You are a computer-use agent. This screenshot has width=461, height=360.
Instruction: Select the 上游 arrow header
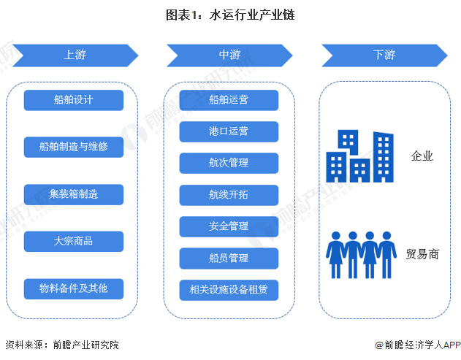pyautogui.click(x=74, y=55)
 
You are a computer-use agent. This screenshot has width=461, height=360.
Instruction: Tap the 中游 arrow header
pyautogui.click(x=229, y=55)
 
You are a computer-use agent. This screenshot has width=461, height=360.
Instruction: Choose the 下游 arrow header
pyautogui.click(x=384, y=55)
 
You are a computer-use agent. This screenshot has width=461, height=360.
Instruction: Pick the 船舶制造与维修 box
pyautogui.click(x=73, y=147)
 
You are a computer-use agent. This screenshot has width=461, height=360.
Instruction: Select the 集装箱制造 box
pyautogui.click(x=73, y=194)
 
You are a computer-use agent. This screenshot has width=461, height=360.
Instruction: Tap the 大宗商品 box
pyautogui.click(x=73, y=241)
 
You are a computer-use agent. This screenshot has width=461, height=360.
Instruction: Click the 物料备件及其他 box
pyautogui.click(x=73, y=288)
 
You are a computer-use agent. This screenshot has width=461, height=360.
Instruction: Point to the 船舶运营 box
pyautogui.click(x=229, y=100)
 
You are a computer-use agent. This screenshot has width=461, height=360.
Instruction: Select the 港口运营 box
pyautogui.click(x=229, y=131)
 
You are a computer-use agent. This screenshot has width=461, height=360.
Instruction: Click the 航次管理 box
pyautogui.click(x=229, y=164)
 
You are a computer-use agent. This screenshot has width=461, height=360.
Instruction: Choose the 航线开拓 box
pyautogui.click(x=229, y=195)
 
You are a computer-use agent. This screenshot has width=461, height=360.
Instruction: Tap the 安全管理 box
pyautogui.click(x=229, y=226)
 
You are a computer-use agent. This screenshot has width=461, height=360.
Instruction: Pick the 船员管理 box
pyautogui.click(x=229, y=258)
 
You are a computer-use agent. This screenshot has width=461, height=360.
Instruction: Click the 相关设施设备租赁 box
pyautogui.click(x=229, y=289)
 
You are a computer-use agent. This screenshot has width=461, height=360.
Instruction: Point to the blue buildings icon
pyautogui.click(x=359, y=156)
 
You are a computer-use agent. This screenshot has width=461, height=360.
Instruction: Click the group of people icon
pyautogui.click(x=359, y=255)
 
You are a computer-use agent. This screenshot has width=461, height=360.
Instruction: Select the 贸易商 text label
pyautogui.click(x=422, y=254)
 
